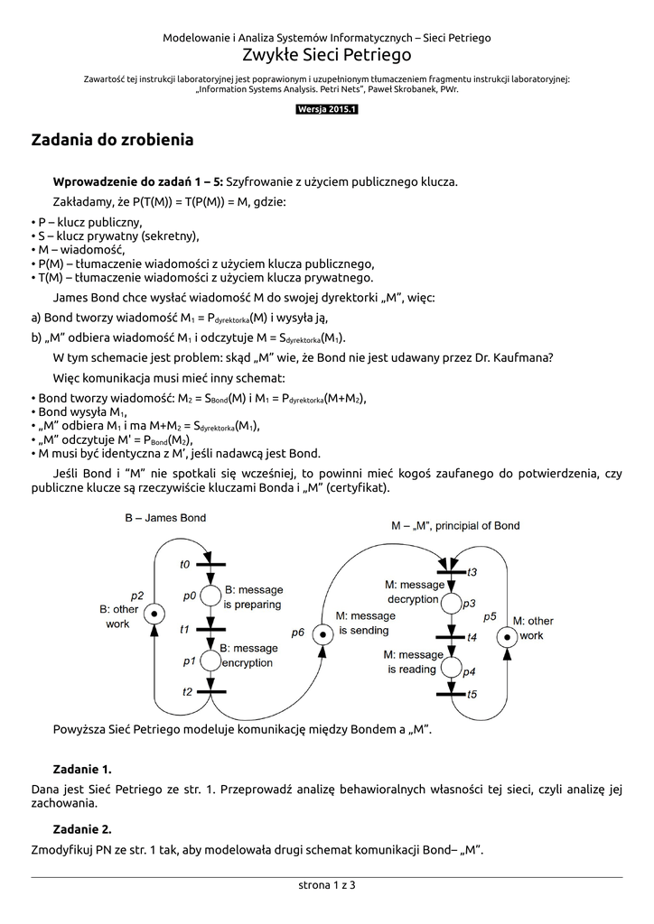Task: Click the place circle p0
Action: pyautogui.click(x=210, y=596)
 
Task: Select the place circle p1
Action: pyautogui.click(x=210, y=661)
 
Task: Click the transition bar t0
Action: pyautogui.click(x=210, y=565)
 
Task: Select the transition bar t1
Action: pyautogui.click(x=210, y=629)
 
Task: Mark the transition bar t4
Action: pyautogui.click(x=449, y=637)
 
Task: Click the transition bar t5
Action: pyautogui.click(x=449, y=693)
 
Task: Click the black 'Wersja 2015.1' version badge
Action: pyautogui.click(x=327, y=110)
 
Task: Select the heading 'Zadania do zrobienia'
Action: pyautogui.click(x=112, y=141)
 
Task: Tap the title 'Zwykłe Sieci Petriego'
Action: pyautogui.click(x=327, y=56)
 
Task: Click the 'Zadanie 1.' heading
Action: pyautogui.click(x=82, y=769)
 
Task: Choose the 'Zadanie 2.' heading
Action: pyautogui.click(x=82, y=828)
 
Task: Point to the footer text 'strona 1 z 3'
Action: pyautogui.click(x=327, y=885)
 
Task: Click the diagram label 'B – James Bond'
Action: pyautogui.click(x=165, y=518)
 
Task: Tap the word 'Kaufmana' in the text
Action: pyautogui.click(x=521, y=356)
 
